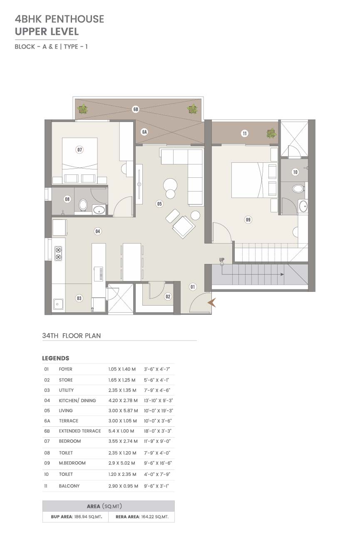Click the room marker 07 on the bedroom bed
[x=79, y=150]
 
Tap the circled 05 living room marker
[x=159, y=204]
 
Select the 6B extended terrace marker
[x=136, y=109]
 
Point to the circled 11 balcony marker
[x=245, y=133]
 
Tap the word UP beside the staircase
[x=222, y=260]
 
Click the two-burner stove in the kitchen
[x=58, y=254]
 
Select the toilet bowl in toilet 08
[x=83, y=205]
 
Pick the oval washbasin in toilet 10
[x=303, y=207]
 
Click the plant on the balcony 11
[x=272, y=133]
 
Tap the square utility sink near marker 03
[x=58, y=304]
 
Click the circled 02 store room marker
[x=168, y=296]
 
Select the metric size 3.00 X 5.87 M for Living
[x=123, y=410]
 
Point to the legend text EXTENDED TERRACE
[x=80, y=431]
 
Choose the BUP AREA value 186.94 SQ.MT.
[x=87, y=517]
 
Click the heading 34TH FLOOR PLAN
[x=71, y=336]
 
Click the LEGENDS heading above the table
[x=56, y=358]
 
